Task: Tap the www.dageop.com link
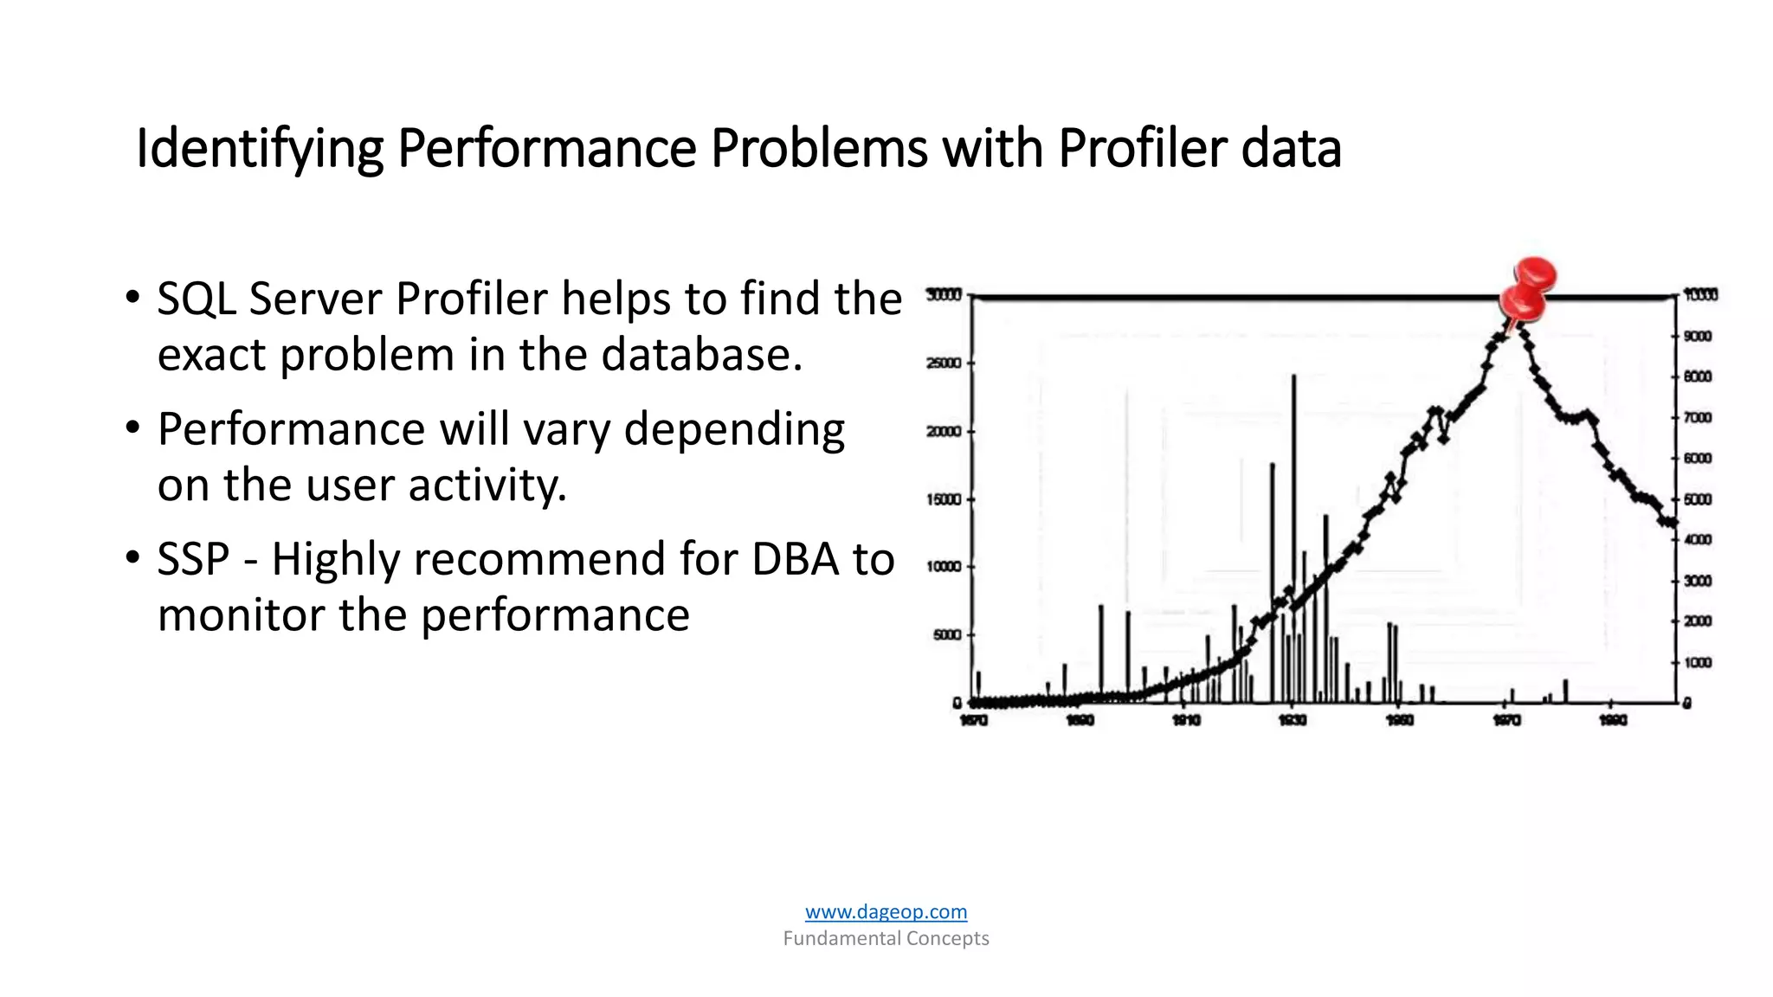[x=886, y=911]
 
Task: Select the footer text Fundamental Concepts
[x=886, y=938]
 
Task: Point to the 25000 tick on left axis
[x=944, y=363]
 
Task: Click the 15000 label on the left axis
[x=944, y=499]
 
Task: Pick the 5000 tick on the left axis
[x=946, y=635]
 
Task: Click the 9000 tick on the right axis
[x=1698, y=336]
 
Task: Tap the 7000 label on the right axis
[x=1698, y=418]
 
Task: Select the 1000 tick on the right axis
[x=1698, y=663]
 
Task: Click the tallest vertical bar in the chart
[x=1293, y=537]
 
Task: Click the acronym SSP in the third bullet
[x=193, y=559]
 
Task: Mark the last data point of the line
[x=1673, y=523]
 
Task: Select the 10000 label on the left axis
[x=944, y=567]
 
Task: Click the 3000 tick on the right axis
[x=1698, y=581]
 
